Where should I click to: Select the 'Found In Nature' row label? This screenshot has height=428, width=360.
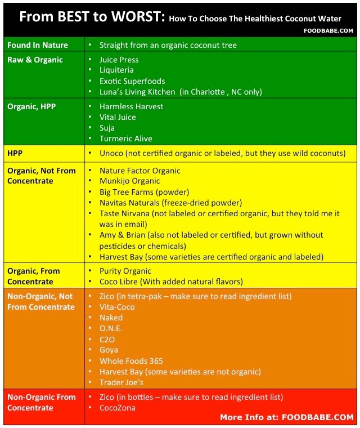37,45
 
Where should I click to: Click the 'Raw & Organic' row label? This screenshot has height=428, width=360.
35,60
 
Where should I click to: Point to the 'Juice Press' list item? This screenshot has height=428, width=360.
119,60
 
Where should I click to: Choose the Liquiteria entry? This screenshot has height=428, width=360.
116,70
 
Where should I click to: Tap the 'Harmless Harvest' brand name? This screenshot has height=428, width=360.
131,106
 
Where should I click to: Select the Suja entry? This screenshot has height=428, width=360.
107,128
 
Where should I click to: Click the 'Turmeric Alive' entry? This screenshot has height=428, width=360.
125,139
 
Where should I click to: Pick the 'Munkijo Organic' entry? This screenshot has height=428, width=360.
129,181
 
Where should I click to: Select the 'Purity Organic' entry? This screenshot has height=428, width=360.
125,271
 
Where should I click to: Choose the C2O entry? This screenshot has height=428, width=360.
107,340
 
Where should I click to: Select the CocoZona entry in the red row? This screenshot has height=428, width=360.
117,408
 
